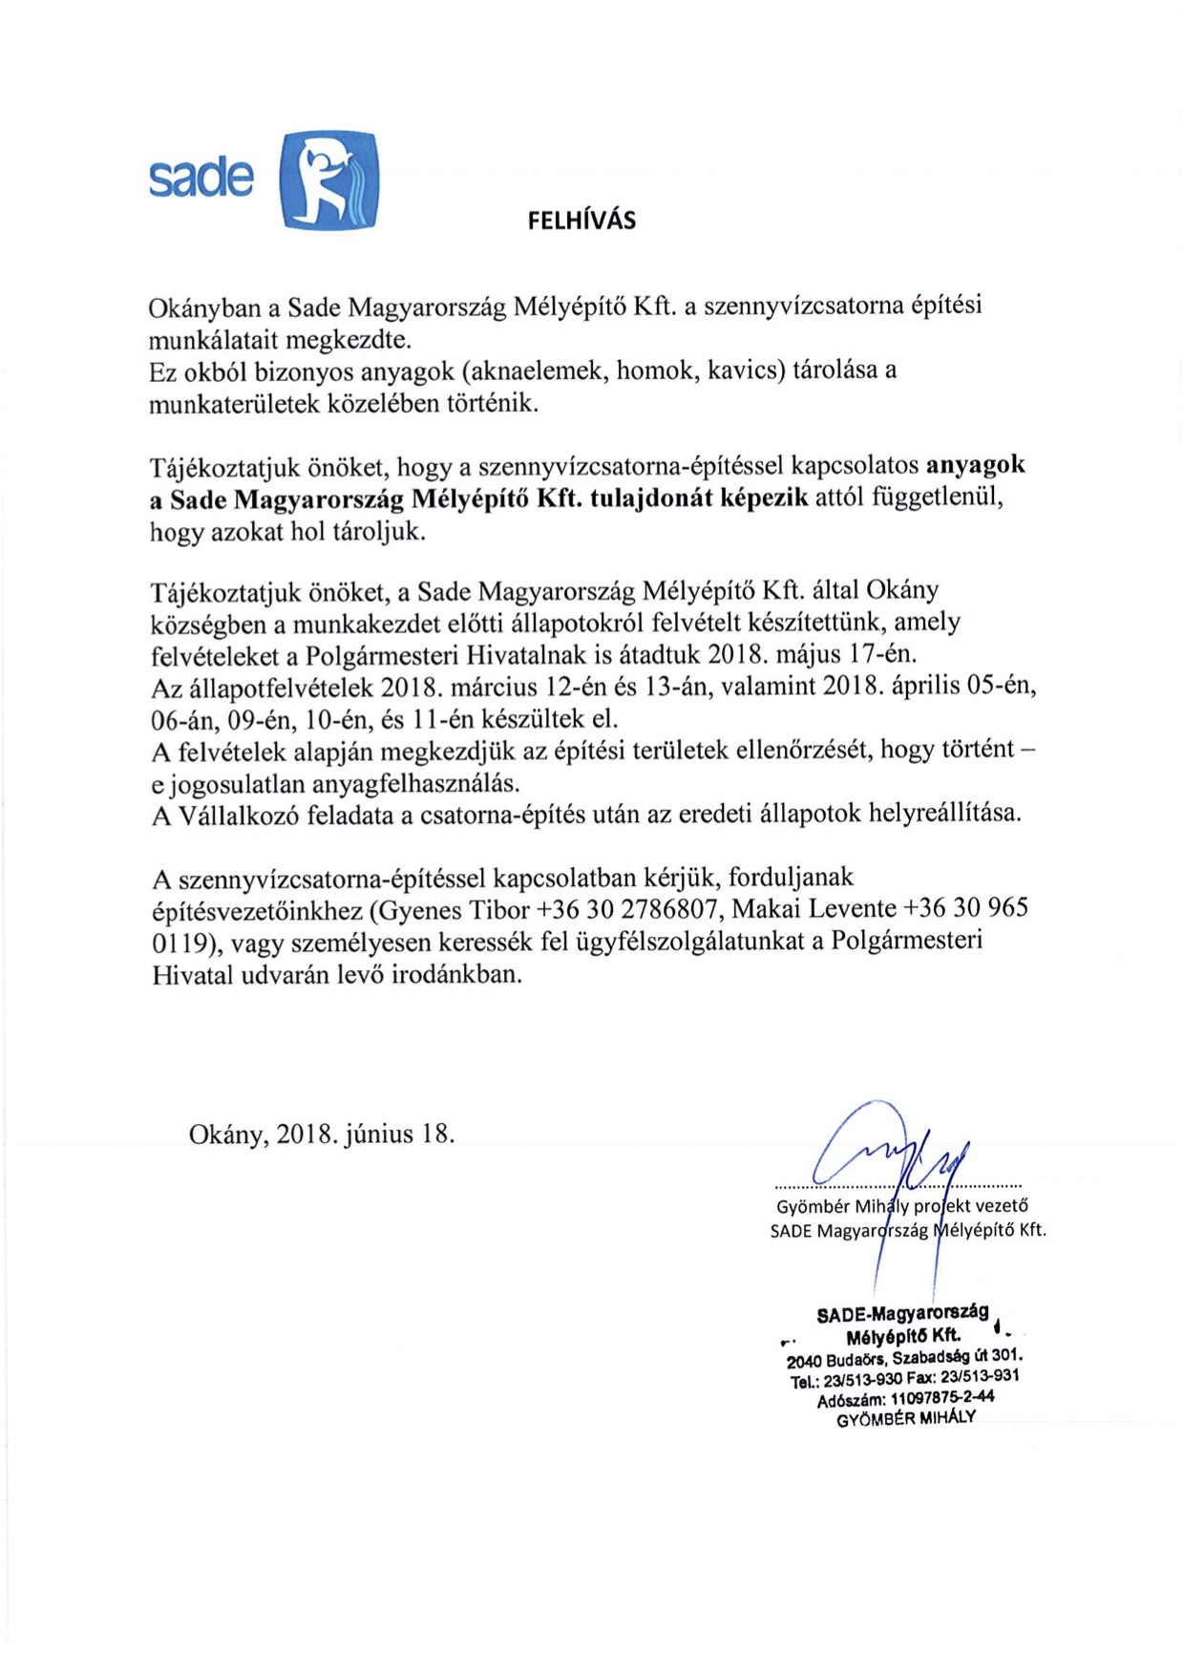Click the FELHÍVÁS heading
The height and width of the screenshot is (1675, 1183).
(x=581, y=221)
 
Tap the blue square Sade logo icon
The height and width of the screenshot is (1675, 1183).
(x=329, y=180)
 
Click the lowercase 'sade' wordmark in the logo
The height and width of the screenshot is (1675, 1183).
(x=201, y=177)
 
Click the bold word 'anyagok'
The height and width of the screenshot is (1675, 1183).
(x=976, y=466)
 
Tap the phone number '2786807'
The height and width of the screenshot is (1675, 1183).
(x=672, y=908)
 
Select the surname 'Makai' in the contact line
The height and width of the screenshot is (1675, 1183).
(x=767, y=908)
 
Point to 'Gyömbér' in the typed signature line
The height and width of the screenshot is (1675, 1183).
(x=811, y=1206)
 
